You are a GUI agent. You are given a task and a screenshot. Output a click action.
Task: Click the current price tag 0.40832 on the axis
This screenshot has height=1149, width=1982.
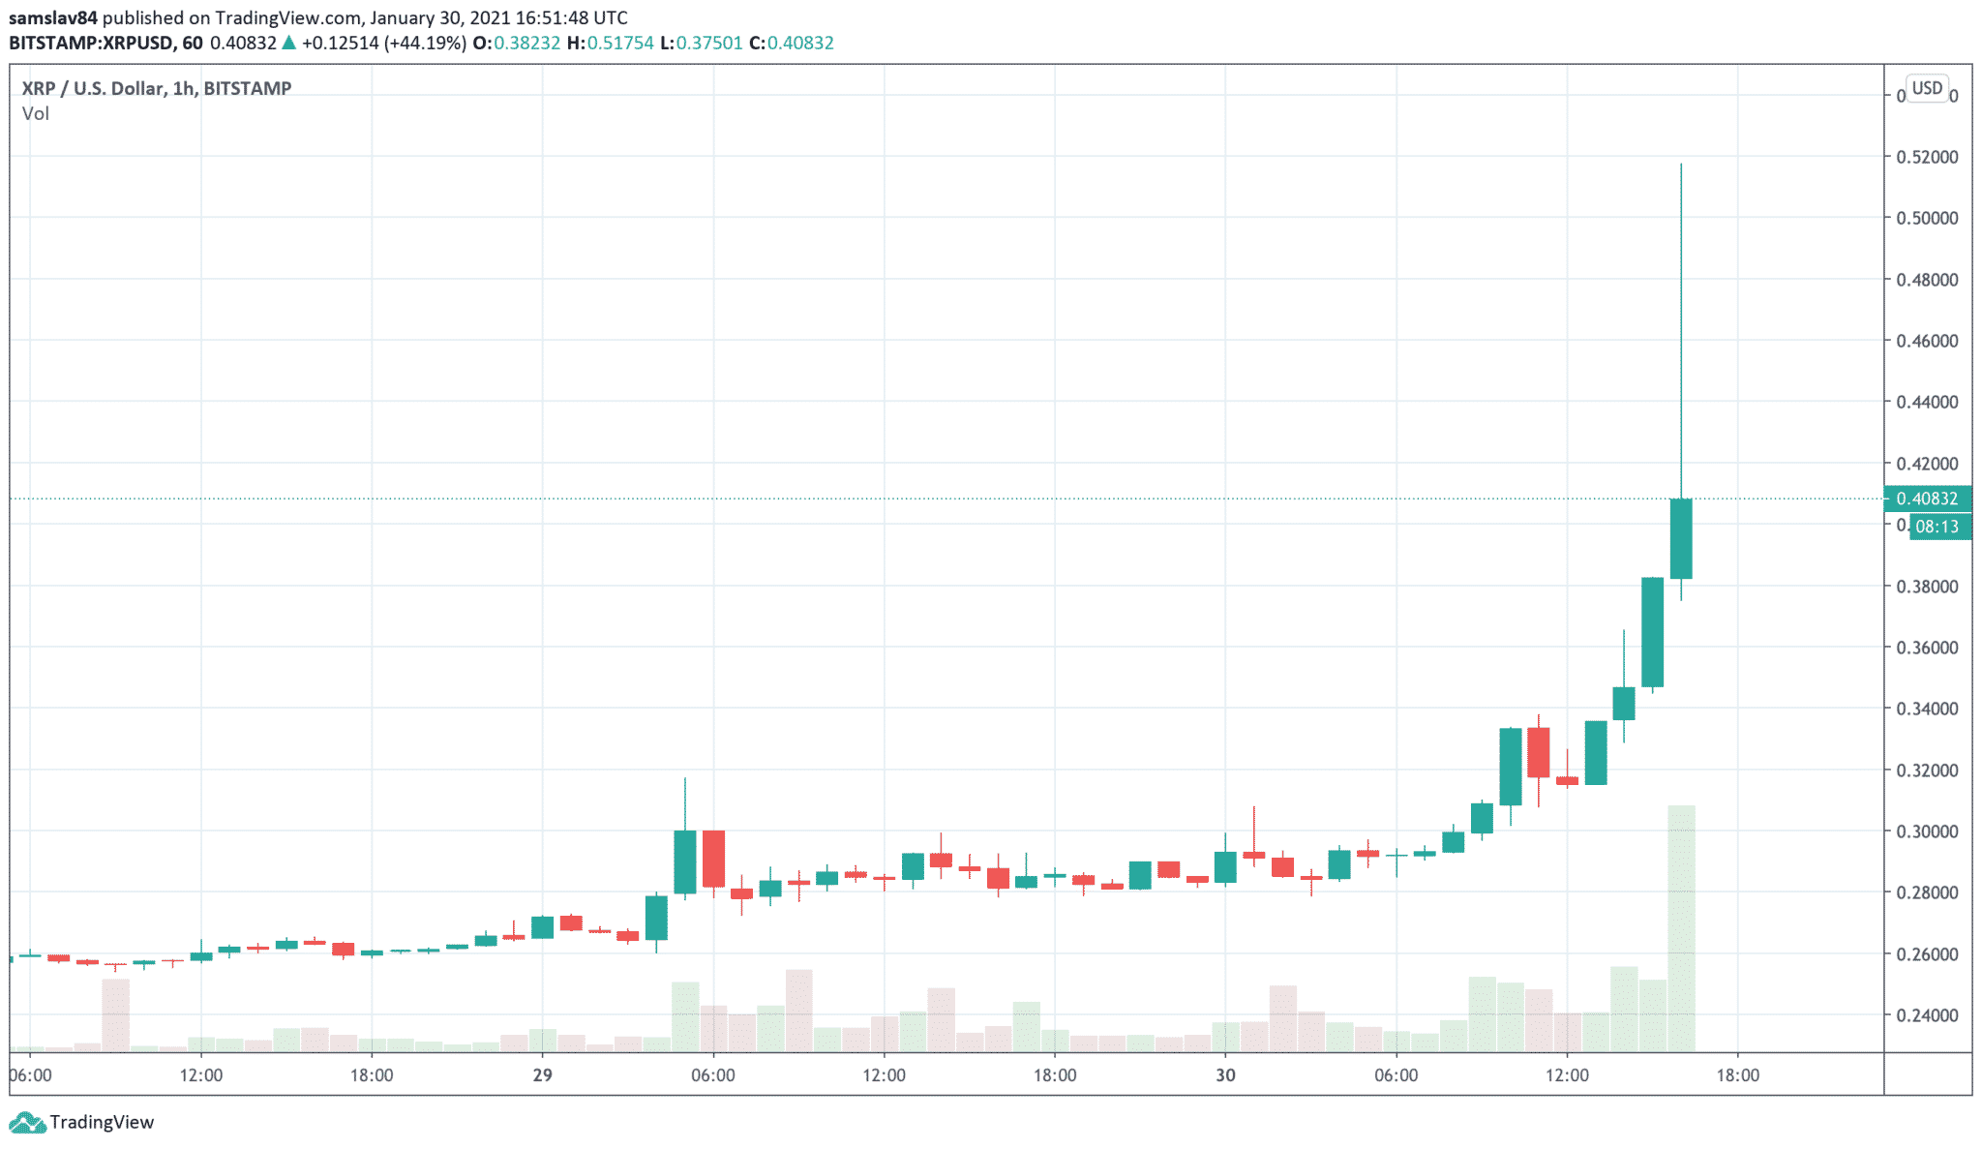point(1927,499)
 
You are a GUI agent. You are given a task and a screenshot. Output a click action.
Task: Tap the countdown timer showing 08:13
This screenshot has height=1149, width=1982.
point(1937,527)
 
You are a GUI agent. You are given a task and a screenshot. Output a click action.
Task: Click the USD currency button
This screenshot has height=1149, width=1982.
point(1927,88)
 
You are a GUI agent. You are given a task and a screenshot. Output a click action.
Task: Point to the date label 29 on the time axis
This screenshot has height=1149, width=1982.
point(542,1075)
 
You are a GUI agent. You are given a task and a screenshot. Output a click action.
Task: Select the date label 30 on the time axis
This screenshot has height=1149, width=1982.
point(1225,1075)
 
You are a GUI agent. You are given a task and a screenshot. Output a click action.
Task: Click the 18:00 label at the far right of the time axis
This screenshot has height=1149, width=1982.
point(1737,1075)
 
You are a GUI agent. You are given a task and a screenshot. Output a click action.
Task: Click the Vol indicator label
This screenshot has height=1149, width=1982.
point(36,114)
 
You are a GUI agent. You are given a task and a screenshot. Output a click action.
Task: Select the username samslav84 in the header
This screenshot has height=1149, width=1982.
point(53,17)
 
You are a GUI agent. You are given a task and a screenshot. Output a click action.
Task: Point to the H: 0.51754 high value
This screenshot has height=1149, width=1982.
point(610,43)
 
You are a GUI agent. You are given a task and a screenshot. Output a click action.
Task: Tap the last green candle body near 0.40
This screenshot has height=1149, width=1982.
point(1681,538)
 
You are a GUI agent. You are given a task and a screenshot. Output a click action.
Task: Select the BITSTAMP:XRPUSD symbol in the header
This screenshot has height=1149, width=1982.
point(92,43)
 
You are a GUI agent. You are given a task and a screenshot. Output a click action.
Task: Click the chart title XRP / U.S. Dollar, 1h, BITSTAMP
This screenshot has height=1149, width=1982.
point(157,88)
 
